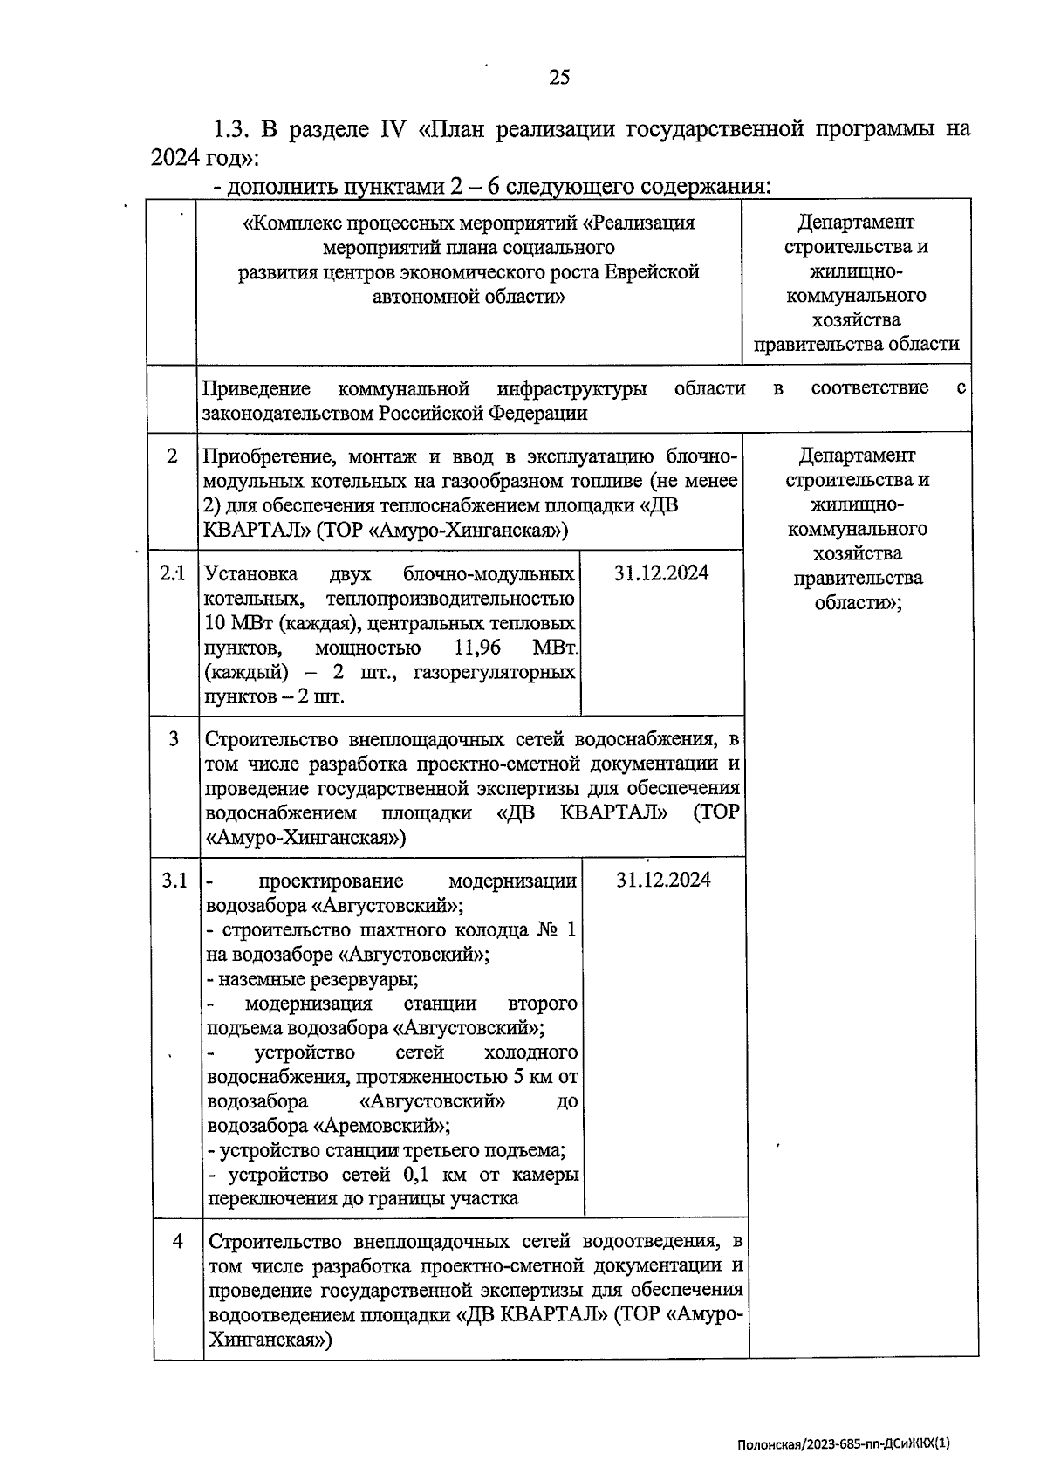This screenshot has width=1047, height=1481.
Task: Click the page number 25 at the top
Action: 559,78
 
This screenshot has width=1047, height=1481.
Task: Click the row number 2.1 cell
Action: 173,573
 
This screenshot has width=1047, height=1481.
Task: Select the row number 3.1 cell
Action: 174,881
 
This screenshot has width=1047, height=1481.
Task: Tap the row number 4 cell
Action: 178,1240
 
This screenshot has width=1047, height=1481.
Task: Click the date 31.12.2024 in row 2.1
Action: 661,573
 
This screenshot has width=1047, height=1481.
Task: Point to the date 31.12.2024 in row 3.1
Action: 663,880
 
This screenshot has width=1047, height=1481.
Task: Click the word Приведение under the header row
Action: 257,388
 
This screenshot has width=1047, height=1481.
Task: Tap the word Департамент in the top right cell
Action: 855,223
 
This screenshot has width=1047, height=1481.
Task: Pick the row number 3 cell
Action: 174,739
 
